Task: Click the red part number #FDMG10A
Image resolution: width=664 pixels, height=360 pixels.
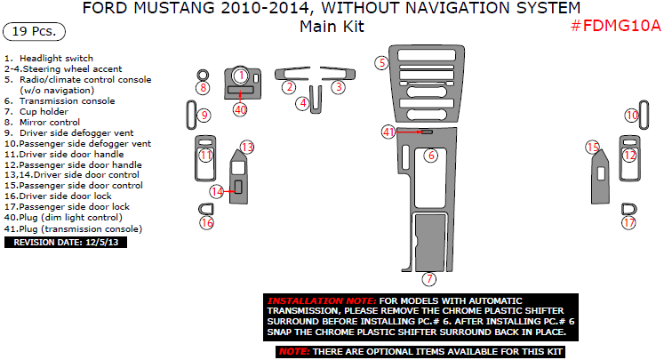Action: (x=616, y=26)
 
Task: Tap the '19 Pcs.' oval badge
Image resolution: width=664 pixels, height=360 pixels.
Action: (x=35, y=32)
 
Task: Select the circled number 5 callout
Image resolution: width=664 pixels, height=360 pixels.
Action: (x=381, y=63)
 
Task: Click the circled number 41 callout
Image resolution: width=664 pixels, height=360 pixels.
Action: (x=388, y=132)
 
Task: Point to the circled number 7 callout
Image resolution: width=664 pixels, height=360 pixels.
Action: (x=429, y=279)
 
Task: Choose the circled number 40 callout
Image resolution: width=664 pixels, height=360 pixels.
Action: (x=240, y=109)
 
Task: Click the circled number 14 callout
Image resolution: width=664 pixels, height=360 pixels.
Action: (x=217, y=191)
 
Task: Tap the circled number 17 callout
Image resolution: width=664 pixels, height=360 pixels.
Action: (x=628, y=222)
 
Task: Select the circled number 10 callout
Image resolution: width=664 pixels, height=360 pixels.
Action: (x=632, y=116)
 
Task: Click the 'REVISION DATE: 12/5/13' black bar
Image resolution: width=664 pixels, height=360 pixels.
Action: (x=66, y=243)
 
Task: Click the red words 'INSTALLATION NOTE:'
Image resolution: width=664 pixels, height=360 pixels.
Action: (x=322, y=300)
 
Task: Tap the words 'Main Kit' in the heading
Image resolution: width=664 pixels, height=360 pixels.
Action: (x=332, y=27)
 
